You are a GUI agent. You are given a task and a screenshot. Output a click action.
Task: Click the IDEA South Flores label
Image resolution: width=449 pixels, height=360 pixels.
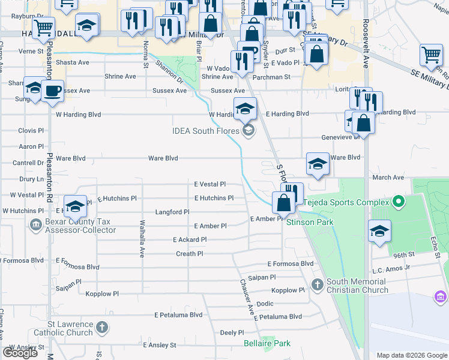coord(206,130)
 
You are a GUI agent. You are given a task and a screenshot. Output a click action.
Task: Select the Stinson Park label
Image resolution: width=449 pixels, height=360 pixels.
coord(309,222)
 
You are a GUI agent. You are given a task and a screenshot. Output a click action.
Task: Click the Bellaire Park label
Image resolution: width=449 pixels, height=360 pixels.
coord(267,343)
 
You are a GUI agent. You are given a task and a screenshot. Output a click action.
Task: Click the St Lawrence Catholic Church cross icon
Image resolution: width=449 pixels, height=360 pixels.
coord(102,328)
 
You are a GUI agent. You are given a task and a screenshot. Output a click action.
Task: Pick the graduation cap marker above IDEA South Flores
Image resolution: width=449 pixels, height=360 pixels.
coord(245,109)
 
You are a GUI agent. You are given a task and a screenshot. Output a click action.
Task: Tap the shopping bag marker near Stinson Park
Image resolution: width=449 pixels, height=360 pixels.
coord(283,203)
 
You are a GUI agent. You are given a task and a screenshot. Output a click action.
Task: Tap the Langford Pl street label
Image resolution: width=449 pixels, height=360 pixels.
coord(172,212)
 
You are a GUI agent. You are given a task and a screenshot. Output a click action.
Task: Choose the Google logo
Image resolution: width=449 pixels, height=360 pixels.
coord(20,353)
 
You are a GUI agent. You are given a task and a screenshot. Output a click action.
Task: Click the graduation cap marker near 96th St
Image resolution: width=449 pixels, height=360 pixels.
coord(379,231)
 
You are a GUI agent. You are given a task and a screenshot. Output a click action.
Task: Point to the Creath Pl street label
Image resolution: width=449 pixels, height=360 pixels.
coord(189,254)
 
